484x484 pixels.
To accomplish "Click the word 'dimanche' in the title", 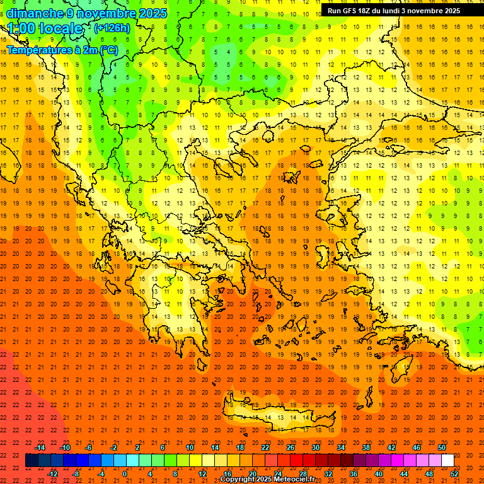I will [35, 13].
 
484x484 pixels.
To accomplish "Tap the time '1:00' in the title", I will [21, 28].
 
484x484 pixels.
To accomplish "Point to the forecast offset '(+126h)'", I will [112, 28].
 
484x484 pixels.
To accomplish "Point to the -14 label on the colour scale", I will [40, 447].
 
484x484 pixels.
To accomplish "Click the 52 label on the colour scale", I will [454, 474].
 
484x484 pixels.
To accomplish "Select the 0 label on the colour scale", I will [124, 474].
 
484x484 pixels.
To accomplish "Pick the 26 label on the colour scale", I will [291, 447].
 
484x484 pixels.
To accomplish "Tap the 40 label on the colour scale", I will [379, 474].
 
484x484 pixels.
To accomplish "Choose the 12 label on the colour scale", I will [202, 474].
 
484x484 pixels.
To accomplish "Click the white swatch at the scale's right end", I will [447, 461].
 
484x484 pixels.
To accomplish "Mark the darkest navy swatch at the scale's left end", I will [32, 461].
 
